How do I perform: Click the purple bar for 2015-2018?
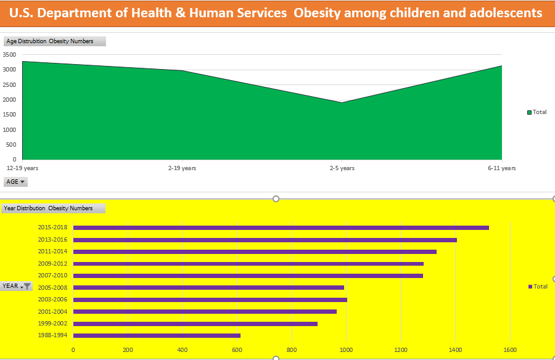(281, 227)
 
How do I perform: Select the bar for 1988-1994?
(157, 335)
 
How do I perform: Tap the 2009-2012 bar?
(248, 264)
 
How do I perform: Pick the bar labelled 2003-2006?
(210, 300)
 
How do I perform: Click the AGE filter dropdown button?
(16, 182)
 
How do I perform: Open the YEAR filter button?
(17, 286)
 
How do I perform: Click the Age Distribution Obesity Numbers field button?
(54, 41)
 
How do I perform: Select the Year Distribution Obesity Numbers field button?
(53, 208)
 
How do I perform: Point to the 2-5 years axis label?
(342, 168)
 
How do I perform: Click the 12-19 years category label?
(22, 168)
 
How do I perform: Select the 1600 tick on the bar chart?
(509, 350)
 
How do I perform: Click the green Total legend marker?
(529, 112)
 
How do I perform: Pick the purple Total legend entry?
(538, 287)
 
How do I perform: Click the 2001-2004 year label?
(53, 312)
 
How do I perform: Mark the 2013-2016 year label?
(53, 240)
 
